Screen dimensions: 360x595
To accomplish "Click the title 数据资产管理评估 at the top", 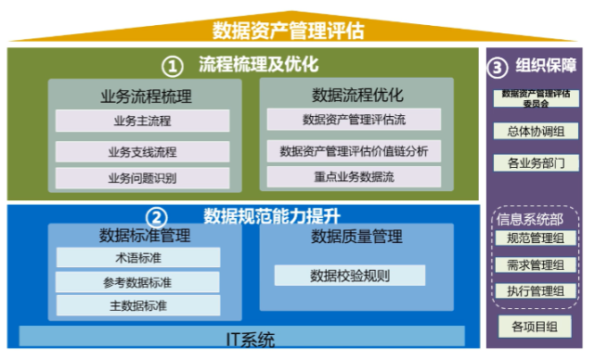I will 288,30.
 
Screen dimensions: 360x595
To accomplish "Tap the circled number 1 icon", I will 172,66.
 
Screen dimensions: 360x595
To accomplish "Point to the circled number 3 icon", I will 498,67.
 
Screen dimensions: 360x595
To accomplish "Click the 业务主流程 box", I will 142,121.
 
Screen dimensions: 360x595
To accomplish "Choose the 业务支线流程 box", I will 142,151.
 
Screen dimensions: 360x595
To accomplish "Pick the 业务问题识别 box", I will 142,177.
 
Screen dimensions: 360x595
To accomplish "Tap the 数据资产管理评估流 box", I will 354,119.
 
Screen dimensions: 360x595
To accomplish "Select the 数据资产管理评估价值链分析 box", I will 354,150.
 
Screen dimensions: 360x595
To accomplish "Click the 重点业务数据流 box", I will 354,176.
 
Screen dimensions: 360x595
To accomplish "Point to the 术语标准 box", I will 138,257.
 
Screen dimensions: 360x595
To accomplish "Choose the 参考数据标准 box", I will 138,281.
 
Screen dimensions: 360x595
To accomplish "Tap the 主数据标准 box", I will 138,304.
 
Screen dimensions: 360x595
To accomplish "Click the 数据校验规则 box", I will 350,276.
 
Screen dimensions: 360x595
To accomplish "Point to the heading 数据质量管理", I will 356,238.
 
